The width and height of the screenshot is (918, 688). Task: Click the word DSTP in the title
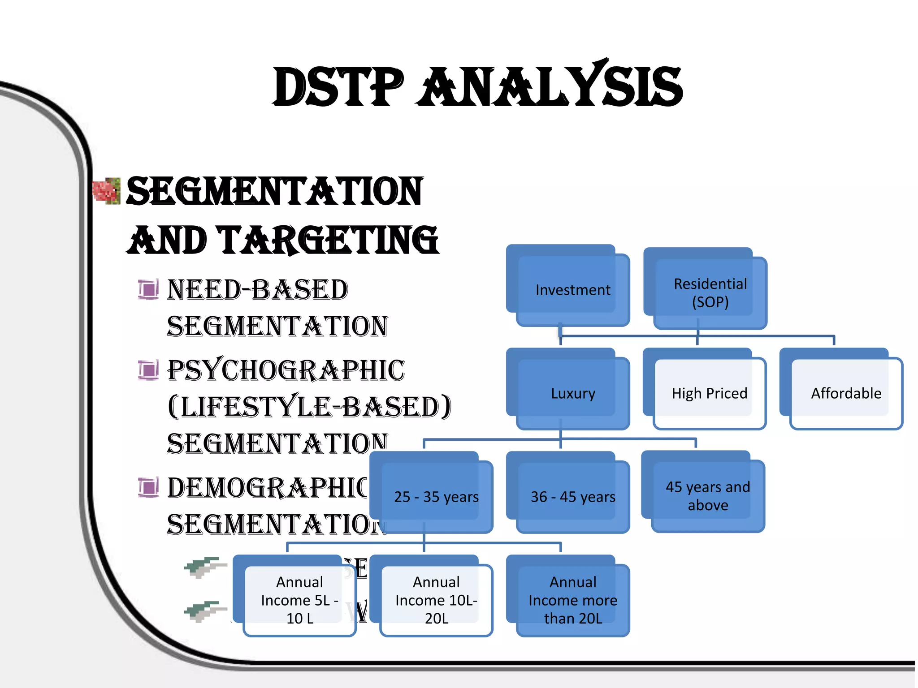click(338, 87)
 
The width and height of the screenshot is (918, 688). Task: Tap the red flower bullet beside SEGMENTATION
click(107, 191)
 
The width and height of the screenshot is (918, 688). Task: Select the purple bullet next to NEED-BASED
click(148, 289)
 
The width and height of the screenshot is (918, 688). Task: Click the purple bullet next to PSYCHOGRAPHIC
click(148, 370)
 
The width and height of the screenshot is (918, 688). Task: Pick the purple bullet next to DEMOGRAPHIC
click(148, 487)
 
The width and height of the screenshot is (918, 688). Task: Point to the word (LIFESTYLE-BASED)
click(309, 407)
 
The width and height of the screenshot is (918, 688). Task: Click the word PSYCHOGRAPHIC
click(286, 370)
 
